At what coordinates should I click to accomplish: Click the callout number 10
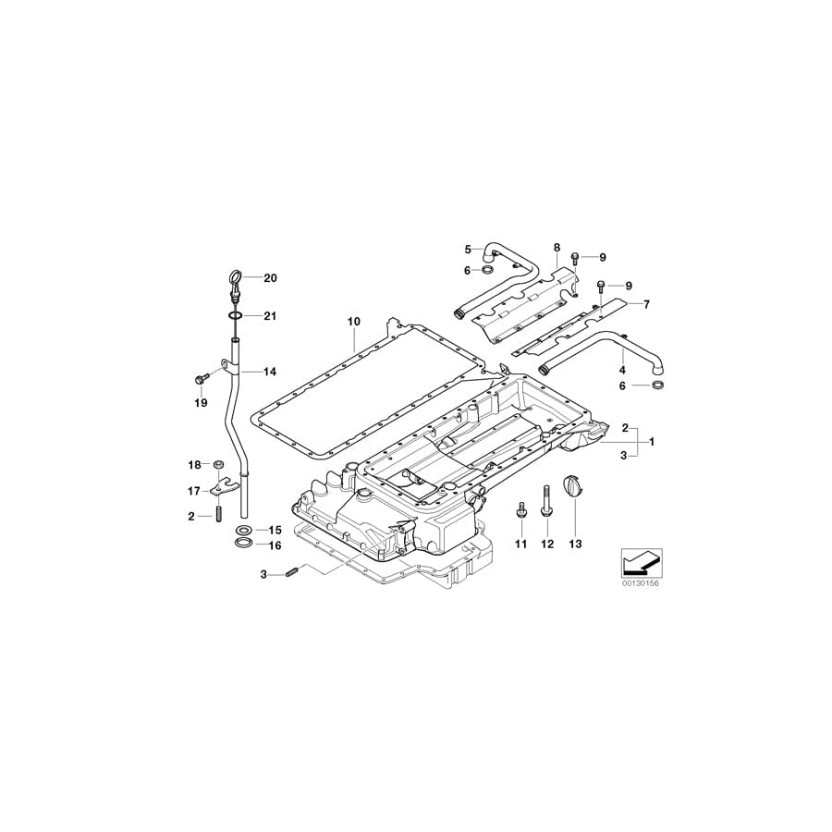click(x=353, y=321)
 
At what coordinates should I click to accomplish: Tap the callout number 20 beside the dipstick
click(x=270, y=278)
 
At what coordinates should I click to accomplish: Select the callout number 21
click(x=270, y=316)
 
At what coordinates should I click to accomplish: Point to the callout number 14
click(x=270, y=372)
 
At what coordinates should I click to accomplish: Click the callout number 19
click(x=201, y=403)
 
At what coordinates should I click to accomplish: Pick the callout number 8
click(x=557, y=248)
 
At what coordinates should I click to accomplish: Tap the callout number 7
click(x=646, y=303)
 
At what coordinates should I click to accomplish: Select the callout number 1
click(x=651, y=442)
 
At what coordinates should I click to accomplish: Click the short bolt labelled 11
click(x=520, y=510)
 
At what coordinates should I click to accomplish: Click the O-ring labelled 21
click(x=235, y=316)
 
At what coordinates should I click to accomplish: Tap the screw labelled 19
click(x=201, y=378)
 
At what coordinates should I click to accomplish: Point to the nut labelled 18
click(x=218, y=463)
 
